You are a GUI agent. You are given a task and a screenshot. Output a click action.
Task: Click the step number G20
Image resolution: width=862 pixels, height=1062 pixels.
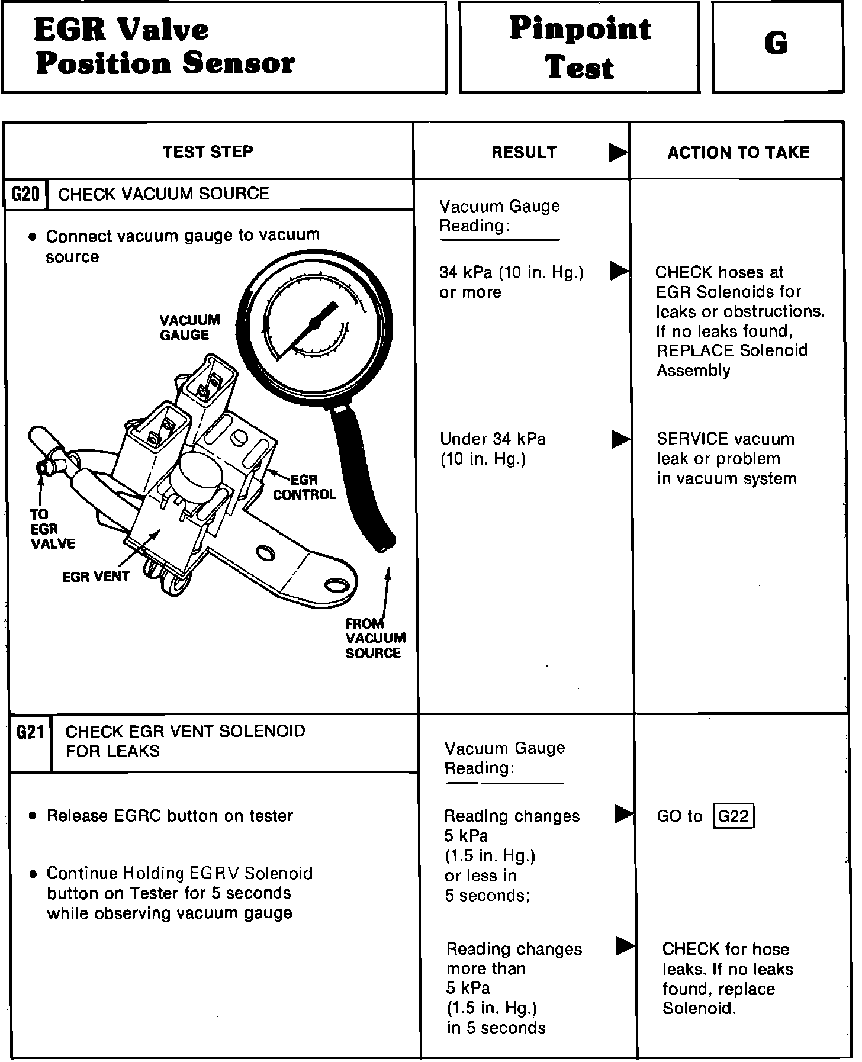[x=25, y=194]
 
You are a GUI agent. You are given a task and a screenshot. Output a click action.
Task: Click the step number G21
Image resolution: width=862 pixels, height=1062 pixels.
[x=30, y=733]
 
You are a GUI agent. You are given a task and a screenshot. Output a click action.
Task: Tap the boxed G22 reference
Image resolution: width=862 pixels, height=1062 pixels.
[x=734, y=816]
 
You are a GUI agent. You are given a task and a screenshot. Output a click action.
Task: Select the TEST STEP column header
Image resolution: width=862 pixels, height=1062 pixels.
[x=208, y=152]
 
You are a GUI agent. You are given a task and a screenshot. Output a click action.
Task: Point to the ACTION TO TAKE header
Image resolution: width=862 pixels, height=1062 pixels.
[x=738, y=153]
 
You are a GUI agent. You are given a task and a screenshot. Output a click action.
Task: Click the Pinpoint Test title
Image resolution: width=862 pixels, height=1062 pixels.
[x=580, y=47]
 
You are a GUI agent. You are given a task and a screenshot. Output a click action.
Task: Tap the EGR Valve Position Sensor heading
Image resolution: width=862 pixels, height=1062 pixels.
[x=164, y=46]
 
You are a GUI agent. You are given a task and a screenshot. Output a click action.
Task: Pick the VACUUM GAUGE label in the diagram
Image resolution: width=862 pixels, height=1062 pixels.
[x=189, y=327]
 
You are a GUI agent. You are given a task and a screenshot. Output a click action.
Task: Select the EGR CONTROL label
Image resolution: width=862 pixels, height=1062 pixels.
[x=304, y=487]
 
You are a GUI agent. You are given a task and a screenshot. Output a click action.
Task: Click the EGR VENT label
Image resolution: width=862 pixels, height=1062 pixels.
[x=95, y=576]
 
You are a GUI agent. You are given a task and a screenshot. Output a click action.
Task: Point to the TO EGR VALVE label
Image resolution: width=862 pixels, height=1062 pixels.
[x=52, y=529]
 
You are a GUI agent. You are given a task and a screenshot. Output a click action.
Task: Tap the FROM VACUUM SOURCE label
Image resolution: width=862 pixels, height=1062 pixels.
[x=375, y=638]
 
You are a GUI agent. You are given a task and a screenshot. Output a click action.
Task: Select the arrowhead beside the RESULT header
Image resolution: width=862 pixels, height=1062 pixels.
[x=618, y=153]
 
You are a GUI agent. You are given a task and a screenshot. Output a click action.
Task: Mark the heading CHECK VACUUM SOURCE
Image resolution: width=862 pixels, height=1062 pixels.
[x=164, y=194]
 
